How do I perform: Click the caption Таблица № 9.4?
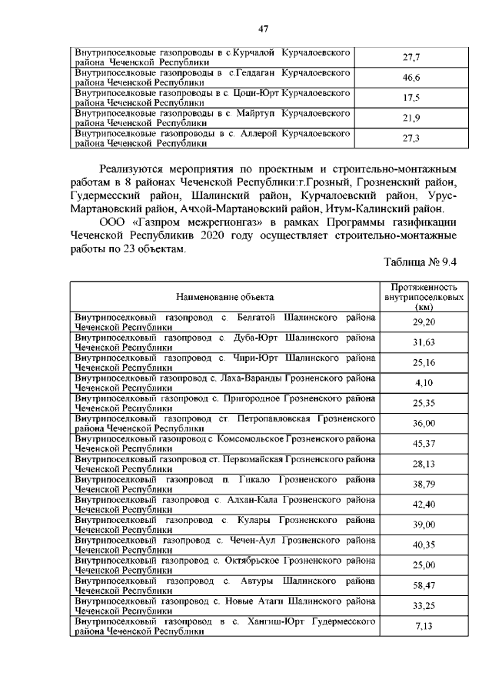(x=421, y=261)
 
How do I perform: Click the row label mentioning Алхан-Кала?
(x=224, y=504)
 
